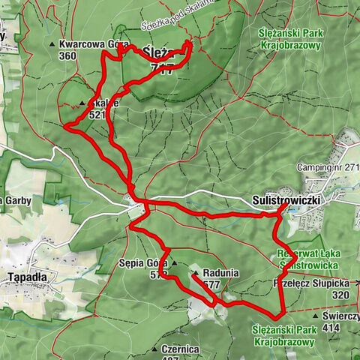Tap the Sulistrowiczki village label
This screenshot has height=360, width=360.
tap(281, 201)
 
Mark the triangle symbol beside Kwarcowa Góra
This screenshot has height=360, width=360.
tap(52, 45)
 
